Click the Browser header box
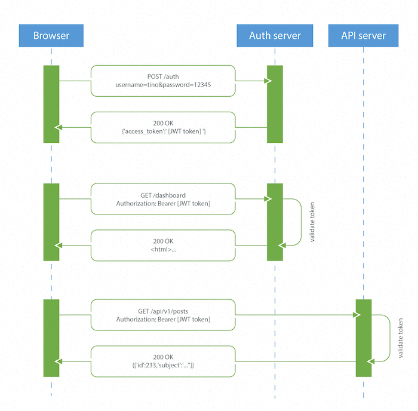coord(51,36)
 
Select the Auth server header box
coord(275,36)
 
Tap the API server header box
coord(363,36)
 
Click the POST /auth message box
coord(163,81)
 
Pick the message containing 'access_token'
coord(163,127)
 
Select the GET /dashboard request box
coord(163,199)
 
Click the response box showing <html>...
coord(163,245)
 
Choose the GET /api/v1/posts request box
coord(163,315)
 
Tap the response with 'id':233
coord(163,361)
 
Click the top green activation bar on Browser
coord(51,104)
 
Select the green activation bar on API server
coord(364,338)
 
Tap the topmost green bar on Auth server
coord(275,104)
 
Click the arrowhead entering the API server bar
coord(358,315)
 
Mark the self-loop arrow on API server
coord(389,338)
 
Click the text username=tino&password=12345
coord(163,85)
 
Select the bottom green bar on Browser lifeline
coord(51,338)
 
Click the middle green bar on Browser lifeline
coord(51,222)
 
